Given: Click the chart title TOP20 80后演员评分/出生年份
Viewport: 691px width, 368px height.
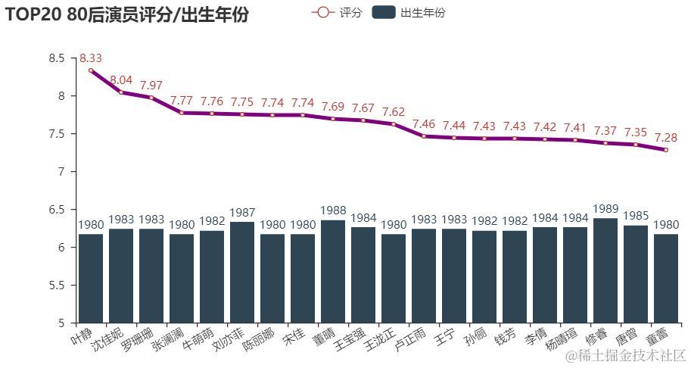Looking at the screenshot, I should [x=126, y=14].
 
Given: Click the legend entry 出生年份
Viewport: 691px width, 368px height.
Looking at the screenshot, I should [x=409, y=12].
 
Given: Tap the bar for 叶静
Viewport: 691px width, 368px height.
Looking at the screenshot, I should [x=91, y=278].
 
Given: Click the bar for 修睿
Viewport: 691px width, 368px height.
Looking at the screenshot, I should [x=605, y=270].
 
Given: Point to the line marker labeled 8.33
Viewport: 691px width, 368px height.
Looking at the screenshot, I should [x=91, y=70].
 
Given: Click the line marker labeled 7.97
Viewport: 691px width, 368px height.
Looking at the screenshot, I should [x=151, y=98].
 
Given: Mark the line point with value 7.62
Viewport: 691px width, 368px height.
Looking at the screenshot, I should [x=394, y=124].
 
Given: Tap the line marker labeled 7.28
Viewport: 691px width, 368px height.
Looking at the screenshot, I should [x=666, y=150].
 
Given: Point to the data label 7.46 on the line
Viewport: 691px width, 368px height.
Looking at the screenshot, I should [x=424, y=123].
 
